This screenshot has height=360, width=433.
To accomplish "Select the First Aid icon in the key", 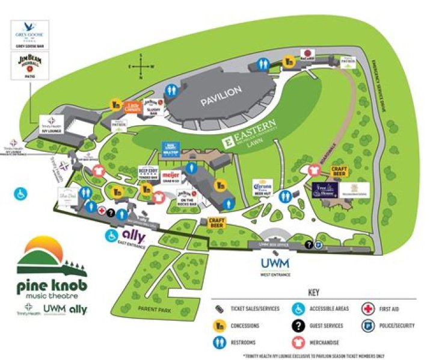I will [367, 309].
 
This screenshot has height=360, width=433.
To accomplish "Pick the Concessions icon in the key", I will [220, 326].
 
